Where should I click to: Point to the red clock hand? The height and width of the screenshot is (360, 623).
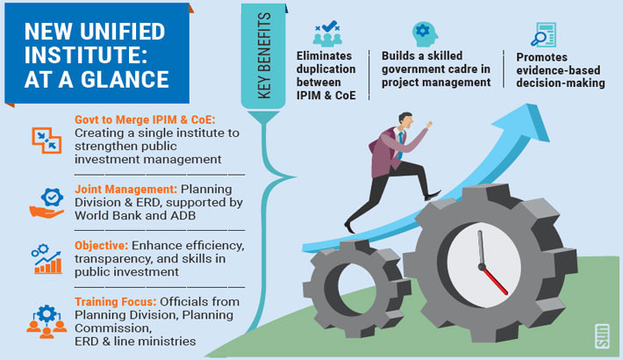coord(495,280)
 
